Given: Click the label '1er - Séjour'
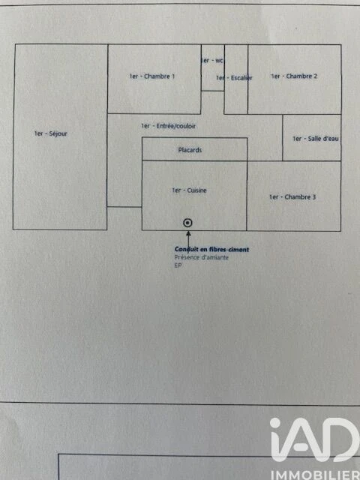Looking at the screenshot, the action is pyautogui.click(x=50, y=133).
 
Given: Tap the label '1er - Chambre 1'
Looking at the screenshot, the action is pyautogui.click(x=151, y=76).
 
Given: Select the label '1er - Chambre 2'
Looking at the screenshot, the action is pyautogui.click(x=294, y=76).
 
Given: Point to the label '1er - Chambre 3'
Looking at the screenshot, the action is pyautogui.click(x=292, y=197).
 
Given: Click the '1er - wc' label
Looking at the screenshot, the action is pyautogui.click(x=212, y=61).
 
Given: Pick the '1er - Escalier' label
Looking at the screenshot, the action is pyautogui.click(x=234, y=78).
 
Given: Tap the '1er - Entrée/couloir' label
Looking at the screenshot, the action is pyautogui.click(x=168, y=126).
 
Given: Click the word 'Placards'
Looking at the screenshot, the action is pyautogui.click(x=190, y=150).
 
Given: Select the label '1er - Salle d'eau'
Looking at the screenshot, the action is pyautogui.click(x=316, y=139).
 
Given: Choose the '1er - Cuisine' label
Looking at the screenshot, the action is pyautogui.click(x=189, y=190).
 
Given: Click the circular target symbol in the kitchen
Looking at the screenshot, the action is pyautogui.click(x=187, y=223).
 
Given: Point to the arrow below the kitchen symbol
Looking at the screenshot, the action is pyautogui.click(x=188, y=239).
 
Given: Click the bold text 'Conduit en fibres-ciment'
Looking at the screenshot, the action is pyautogui.click(x=211, y=250).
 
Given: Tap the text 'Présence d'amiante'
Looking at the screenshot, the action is pyautogui.click(x=202, y=257).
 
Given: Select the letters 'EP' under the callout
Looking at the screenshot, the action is pyautogui.click(x=178, y=265).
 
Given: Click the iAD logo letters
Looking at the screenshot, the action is pyautogui.click(x=315, y=439).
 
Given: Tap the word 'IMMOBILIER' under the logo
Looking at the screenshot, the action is pyautogui.click(x=316, y=475).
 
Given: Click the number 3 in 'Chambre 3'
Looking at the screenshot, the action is pyautogui.click(x=313, y=197).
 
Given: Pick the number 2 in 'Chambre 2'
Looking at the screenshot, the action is pyautogui.click(x=315, y=76).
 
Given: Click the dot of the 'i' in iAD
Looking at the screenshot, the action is pyautogui.click(x=275, y=423).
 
